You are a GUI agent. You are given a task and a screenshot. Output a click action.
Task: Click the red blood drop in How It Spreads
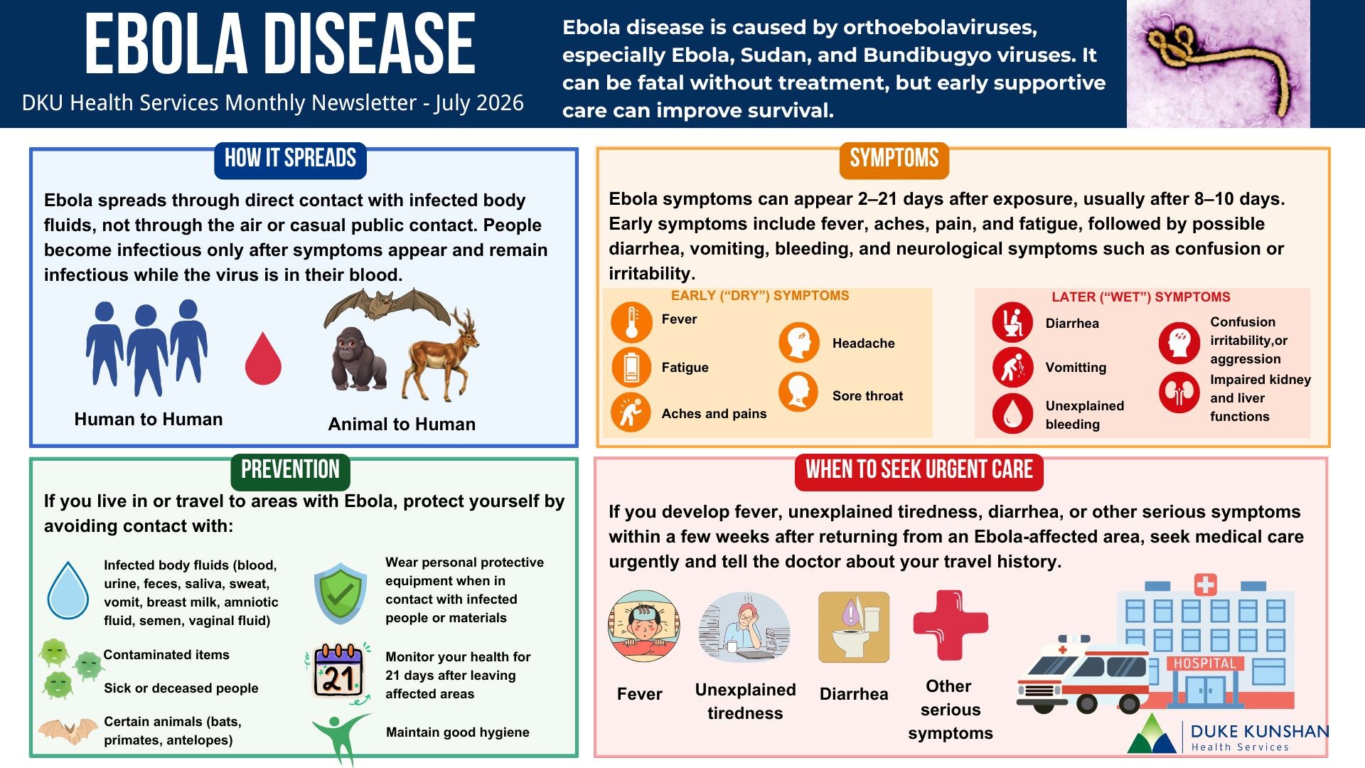click(x=263, y=359)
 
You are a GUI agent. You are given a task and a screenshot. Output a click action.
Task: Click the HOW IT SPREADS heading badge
click(x=290, y=159)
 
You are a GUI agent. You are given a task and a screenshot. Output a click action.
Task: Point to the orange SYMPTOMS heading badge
click(x=894, y=159)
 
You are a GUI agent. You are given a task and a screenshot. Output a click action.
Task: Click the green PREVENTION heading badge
click(x=290, y=471)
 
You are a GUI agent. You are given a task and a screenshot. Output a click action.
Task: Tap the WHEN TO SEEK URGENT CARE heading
click(x=919, y=471)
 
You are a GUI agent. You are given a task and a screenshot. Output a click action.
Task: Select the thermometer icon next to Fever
click(x=631, y=322)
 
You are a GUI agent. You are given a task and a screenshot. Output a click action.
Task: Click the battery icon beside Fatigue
click(x=631, y=368)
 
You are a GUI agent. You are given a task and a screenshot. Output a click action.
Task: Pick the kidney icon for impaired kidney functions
click(x=1179, y=393)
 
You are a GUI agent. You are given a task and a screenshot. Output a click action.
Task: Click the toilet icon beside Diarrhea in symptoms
click(x=1012, y=322)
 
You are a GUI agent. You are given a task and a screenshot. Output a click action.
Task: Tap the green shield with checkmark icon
click(x=341, y=593)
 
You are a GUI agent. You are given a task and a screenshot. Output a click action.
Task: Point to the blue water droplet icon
click(x=68, y=591)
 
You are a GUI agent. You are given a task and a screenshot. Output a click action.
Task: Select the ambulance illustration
click(x=1082, y=674)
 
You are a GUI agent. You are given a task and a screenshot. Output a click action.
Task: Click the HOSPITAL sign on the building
click(x=1204, y=663)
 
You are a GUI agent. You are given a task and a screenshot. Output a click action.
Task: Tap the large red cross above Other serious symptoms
click(x=951, y=625)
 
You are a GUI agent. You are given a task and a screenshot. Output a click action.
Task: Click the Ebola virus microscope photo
click(x=1218, y=64)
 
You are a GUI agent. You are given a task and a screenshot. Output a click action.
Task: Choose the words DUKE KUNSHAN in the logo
click(x=1259, y=731)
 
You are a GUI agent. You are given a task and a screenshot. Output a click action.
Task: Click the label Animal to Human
click(x=402, y=425)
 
